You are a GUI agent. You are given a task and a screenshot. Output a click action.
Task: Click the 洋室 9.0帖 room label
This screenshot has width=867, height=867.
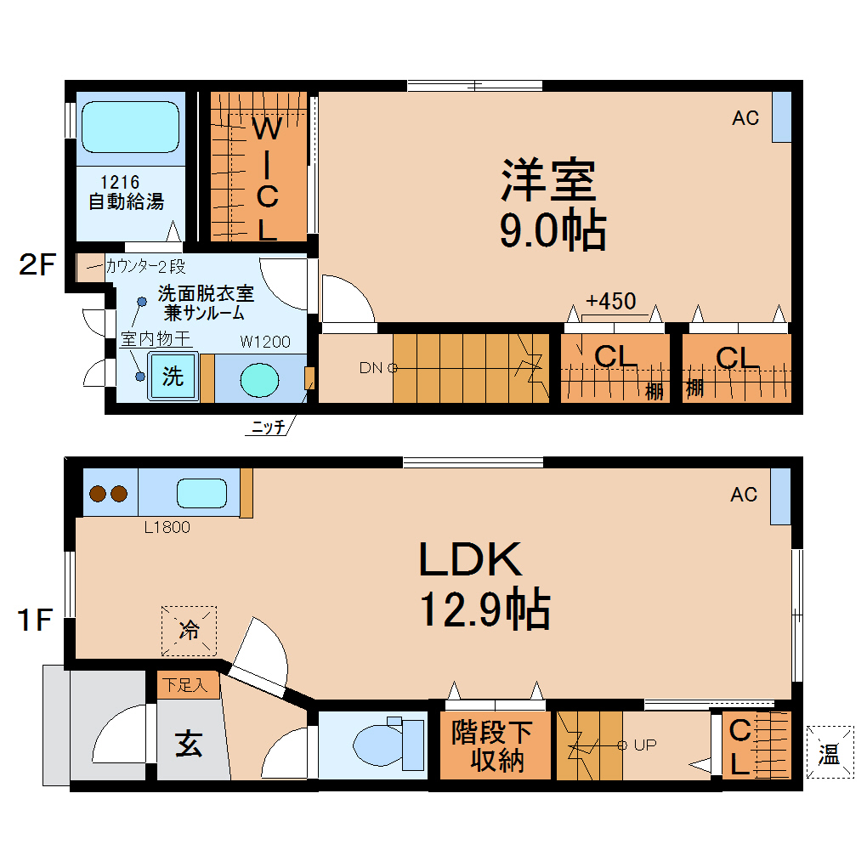pos(551,204)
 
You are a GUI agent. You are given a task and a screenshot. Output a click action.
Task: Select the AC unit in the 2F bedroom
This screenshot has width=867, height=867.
pos(780,116)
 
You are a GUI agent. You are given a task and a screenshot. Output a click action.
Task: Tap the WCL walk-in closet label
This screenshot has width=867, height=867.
pos(267,178)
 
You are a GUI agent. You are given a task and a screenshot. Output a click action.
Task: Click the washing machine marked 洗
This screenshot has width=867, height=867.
pos(173,376)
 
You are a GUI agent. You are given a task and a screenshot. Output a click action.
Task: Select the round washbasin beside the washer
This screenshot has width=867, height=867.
pos(259,378)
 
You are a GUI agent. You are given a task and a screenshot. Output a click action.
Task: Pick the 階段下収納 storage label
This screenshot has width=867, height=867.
pos(492,745)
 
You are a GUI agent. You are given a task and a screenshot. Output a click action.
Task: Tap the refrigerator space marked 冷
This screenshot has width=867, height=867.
pos(189,631)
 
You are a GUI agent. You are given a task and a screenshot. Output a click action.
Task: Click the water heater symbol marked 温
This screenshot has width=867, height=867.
pos(829,752)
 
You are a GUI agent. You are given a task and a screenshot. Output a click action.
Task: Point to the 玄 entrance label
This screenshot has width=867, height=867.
pos(189,745)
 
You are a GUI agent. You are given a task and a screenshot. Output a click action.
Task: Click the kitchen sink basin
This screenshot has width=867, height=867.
pos(201,493)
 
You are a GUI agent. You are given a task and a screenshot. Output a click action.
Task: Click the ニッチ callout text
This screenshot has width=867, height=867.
pos(268,428)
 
